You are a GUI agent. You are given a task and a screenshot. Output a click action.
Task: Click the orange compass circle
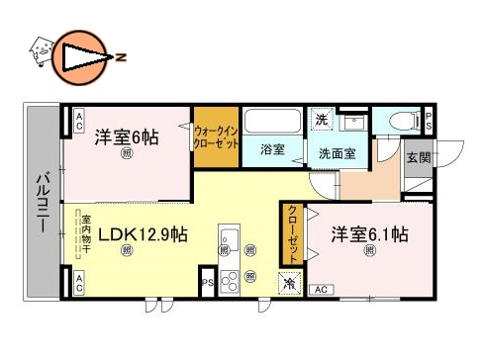point(78,56)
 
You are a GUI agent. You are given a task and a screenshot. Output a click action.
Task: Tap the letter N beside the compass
point(120,56)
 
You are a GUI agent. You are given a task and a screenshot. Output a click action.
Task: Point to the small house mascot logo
point(40,49)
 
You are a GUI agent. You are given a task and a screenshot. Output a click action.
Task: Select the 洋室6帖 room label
point(126,136)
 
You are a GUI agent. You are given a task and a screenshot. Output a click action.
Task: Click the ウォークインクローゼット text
point(216,136)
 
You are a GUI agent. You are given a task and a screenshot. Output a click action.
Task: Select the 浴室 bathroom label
point(272,150)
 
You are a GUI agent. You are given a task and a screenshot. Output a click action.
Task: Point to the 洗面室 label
point(338,154)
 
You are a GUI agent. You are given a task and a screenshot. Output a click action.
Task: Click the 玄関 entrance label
point(418,158)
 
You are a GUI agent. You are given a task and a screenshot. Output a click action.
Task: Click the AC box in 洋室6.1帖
point(321,289)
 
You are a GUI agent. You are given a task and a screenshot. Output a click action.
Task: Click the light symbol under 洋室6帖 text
point(127,154)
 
